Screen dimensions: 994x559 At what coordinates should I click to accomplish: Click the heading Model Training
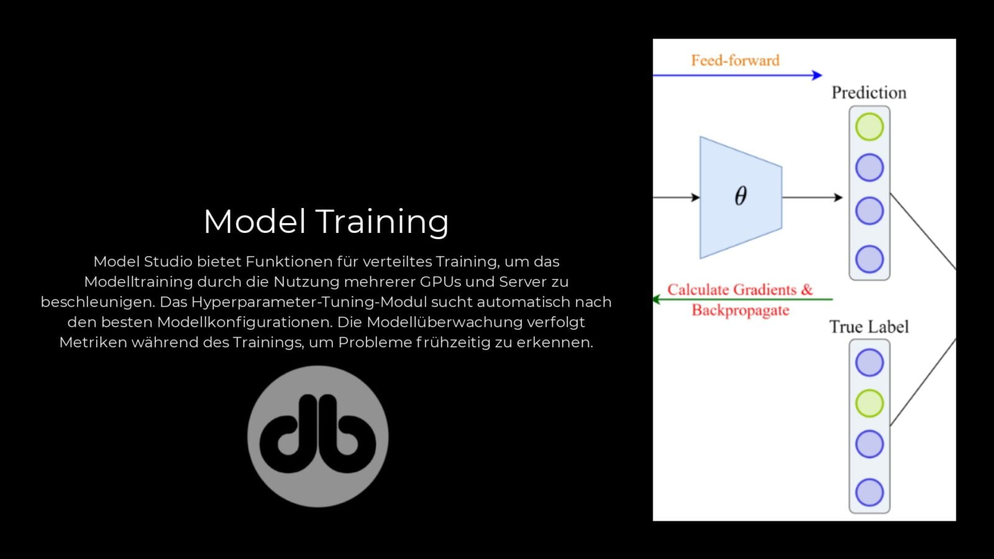pos(326,221)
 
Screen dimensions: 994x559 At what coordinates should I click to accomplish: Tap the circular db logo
pos(317,436)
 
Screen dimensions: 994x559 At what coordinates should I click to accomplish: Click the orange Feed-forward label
pos(735,60)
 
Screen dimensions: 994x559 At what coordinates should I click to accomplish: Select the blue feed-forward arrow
pos(737,75)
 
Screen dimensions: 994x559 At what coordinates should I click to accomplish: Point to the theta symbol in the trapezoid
pos(741,196)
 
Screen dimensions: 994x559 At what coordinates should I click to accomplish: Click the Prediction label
pos(869,93)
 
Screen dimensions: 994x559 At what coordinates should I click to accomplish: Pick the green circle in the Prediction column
pos(869,127)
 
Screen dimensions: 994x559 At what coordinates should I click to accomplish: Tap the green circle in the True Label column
pos(869,403)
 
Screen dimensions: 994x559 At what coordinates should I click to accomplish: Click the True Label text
pos(869,327)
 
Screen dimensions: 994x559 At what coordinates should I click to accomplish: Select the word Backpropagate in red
pos(740,310)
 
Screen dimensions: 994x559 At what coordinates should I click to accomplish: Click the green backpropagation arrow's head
pos(657,299)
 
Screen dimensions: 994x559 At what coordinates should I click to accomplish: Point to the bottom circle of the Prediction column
pos(869,259)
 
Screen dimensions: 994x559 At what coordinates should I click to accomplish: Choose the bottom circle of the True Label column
pos(869,493)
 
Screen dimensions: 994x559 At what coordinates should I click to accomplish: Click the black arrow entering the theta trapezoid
pos(677,198)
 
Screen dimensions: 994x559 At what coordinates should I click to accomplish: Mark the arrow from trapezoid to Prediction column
pos(812,198)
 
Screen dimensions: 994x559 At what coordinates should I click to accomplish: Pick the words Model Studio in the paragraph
pos(143,261)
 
